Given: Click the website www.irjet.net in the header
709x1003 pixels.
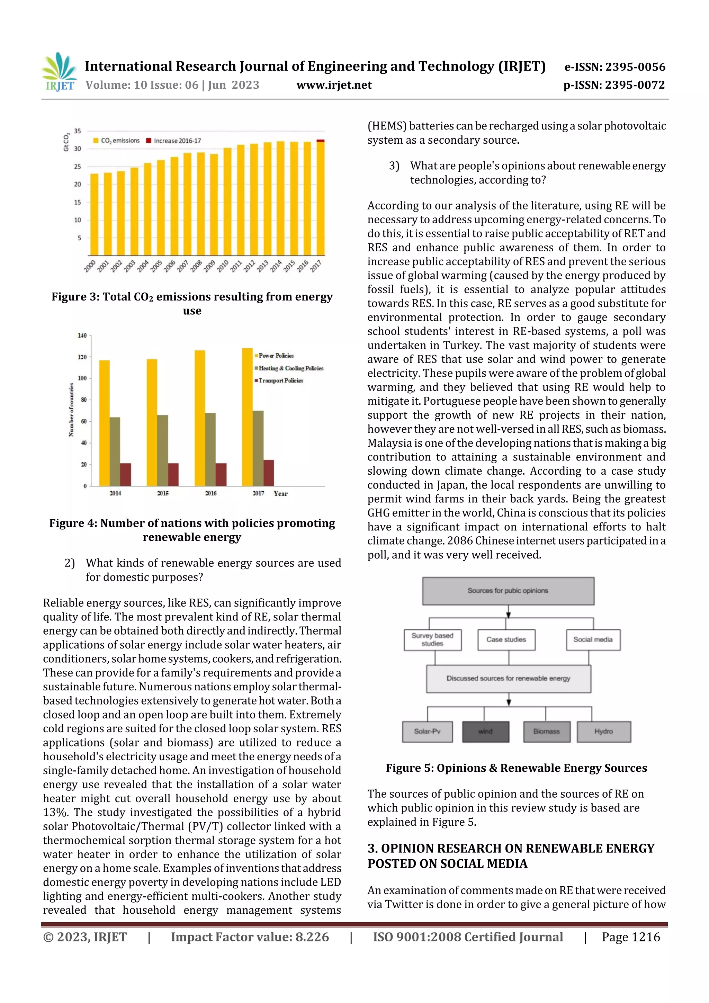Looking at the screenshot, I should [334, 85].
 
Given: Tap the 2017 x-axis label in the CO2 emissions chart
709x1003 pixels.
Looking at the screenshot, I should [316, 265].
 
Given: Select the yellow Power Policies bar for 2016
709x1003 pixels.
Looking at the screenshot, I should [200, 418].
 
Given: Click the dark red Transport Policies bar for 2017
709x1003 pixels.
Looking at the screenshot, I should [269, 473].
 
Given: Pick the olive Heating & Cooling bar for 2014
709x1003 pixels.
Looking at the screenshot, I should [115, 451].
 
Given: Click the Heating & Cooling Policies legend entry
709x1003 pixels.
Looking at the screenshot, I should [289, 368].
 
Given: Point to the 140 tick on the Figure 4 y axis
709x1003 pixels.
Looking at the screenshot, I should [82, 335].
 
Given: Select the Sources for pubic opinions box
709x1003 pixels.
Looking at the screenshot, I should [508, 591].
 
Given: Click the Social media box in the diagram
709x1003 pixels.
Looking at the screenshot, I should [593, 639].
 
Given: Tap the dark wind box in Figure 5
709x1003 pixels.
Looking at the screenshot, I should [485, 731].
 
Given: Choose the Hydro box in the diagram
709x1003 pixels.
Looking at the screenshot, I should [603, 731].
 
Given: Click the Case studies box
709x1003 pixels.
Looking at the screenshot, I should [506, 639].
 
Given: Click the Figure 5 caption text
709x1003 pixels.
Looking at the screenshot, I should [516, 768].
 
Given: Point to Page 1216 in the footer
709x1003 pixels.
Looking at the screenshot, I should [630, 937].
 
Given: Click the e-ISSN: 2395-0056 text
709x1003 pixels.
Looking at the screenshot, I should [614, 67].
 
